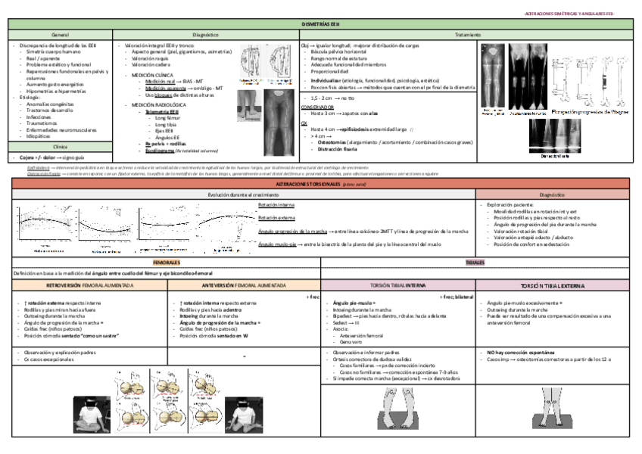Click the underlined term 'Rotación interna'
coord(277,205)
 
